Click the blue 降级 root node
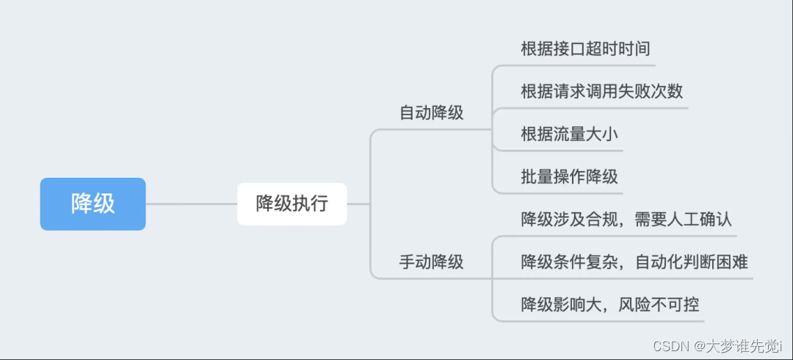pos(93,204)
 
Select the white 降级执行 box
pos(292,204)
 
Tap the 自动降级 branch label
pos(431,113)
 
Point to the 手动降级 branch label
pos(431,262)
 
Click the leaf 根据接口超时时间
pos(584,49)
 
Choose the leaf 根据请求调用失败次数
pos(601,92)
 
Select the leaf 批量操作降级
pos(569,176)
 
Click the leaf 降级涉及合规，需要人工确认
pos(626,220)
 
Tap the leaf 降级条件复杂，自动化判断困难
pos(634,262)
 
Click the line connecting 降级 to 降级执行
pos(191,204)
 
